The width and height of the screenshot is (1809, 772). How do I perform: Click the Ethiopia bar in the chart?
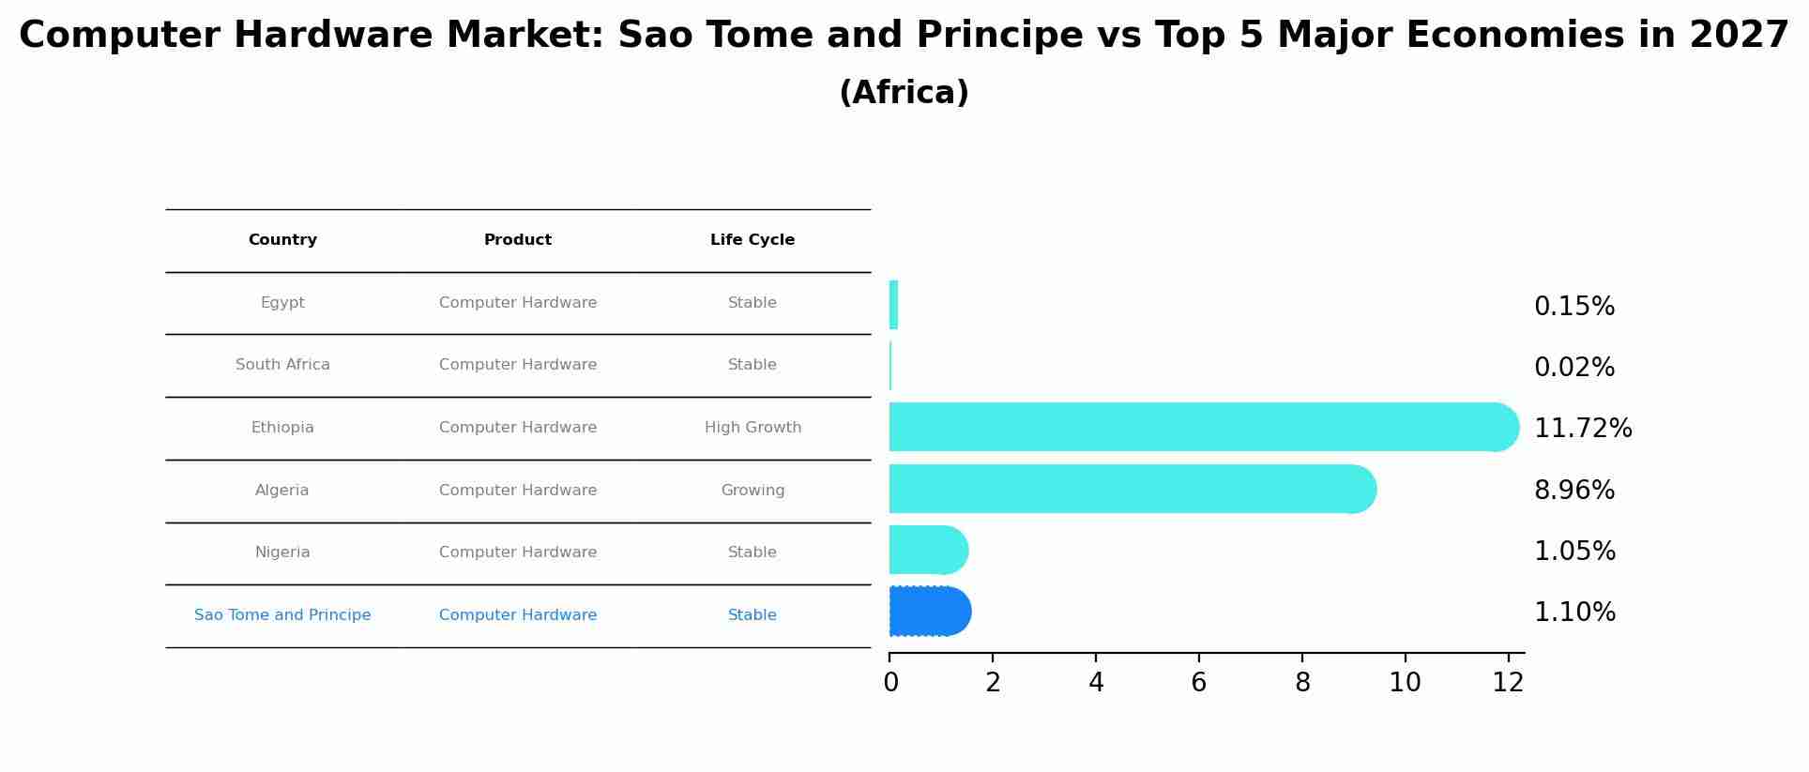pos(1201,427)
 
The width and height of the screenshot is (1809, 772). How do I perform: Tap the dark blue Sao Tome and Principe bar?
pos(929,612)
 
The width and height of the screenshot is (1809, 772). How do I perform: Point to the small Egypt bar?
pos(893,305)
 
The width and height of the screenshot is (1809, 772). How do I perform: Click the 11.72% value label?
pos(1583,429)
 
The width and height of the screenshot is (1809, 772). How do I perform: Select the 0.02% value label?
pos(1574,368)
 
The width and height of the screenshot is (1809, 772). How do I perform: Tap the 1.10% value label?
pos(1574,613)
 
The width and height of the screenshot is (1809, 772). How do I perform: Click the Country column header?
pos(282,240)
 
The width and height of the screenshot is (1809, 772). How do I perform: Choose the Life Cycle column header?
pos(752,240)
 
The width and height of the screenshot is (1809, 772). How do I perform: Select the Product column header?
pos(518,240)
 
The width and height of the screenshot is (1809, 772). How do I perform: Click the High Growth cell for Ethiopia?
pos(752,428)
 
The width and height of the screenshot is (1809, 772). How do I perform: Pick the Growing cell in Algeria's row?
pos(752,491)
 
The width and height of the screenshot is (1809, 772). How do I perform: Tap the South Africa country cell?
pos(282,365)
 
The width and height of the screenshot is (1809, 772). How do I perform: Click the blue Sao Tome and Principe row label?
pos(282,615)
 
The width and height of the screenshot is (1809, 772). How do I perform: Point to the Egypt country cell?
pos(282,303)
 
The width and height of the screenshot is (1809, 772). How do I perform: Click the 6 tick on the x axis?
pos(1198,683)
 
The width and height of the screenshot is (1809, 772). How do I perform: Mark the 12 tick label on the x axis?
pos(1508,683)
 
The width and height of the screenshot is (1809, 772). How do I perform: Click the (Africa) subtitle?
pos(904,93)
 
